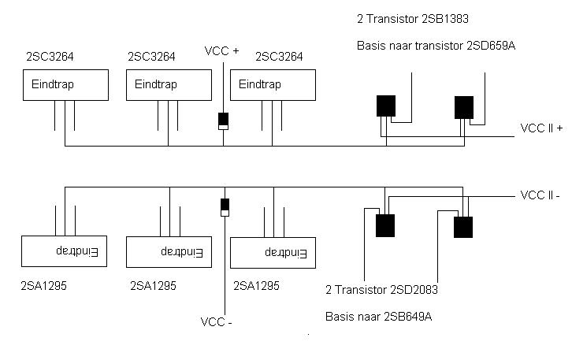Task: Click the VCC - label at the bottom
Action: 217,321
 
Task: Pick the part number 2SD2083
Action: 408,290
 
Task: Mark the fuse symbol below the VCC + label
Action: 223,121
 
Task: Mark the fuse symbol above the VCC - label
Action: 225,207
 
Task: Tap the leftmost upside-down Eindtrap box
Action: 63,251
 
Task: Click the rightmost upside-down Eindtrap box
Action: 272,253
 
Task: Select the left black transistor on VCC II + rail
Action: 386,106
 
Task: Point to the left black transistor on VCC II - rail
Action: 385,226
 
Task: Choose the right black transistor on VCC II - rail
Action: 463,227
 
